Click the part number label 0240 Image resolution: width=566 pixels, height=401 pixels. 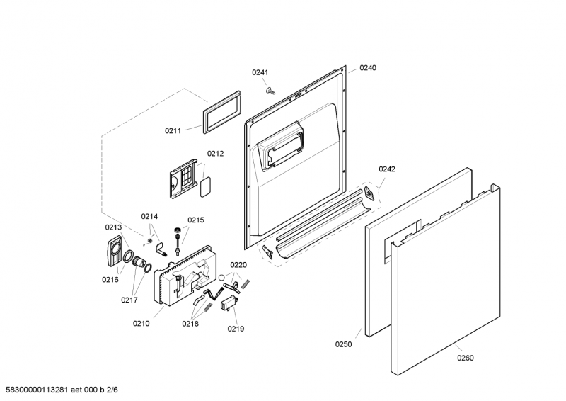368,68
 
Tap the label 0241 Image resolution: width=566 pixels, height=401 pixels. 261,72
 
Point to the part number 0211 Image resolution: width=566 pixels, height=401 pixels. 173,130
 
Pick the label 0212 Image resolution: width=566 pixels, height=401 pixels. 215,154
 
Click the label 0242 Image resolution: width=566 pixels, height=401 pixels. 387,169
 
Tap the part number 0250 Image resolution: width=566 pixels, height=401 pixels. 343,344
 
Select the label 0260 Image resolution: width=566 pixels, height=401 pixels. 466,358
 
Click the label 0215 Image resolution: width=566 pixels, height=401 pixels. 195,220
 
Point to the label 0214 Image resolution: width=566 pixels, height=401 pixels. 149,217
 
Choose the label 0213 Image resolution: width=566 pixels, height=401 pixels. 114,227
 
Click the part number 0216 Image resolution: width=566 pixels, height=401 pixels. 110,280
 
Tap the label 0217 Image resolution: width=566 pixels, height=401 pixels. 129,300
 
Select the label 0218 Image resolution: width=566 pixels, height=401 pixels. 190,323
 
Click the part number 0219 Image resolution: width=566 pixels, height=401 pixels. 236,329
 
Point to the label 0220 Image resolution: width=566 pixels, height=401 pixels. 238,265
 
